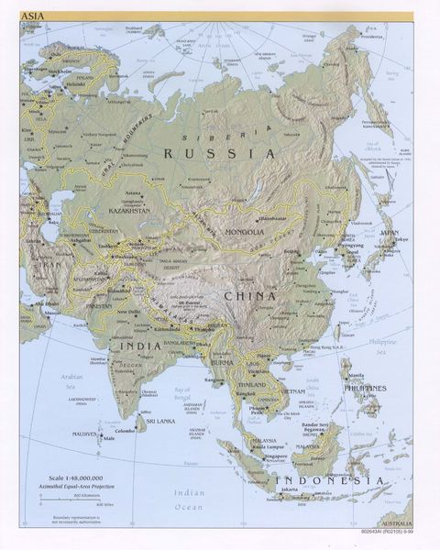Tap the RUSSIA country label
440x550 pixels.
(219, 154)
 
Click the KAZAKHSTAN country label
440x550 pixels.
(130, 211)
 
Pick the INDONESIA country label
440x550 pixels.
(330, 480)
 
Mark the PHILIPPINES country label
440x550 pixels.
(365, 388)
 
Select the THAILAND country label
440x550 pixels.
(250, 385)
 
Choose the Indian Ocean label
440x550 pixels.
(190, 500)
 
